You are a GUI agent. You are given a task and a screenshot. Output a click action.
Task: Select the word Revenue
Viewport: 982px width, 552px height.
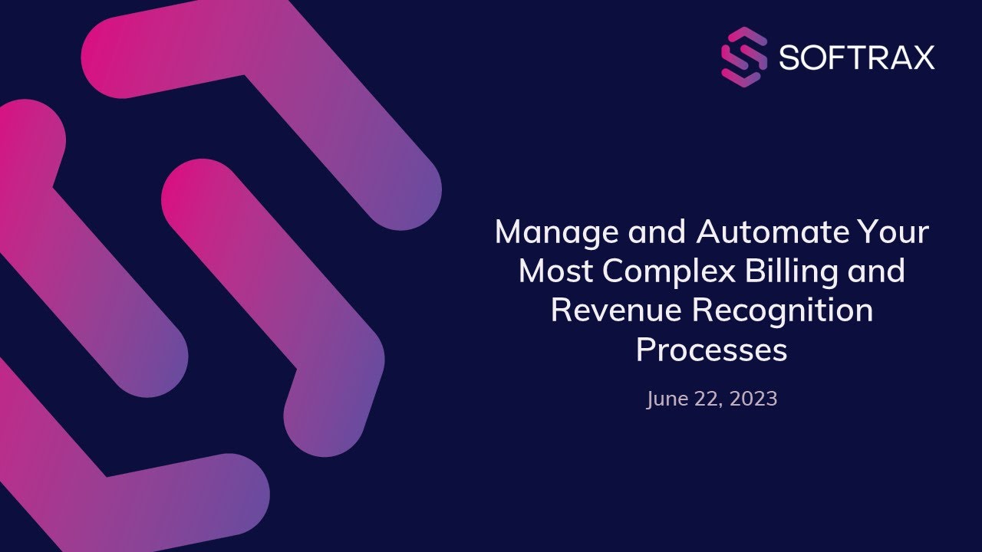(x=617, y=310)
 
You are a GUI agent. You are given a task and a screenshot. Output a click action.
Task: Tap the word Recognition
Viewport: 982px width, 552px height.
(x=783, y=310)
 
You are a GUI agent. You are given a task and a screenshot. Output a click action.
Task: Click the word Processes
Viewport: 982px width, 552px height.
(x=711, y=350)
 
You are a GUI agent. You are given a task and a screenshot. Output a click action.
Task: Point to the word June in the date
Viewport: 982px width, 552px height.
(x=665, y=399)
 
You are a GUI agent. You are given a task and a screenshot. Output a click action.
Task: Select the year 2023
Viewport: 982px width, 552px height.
(x=753, y=399)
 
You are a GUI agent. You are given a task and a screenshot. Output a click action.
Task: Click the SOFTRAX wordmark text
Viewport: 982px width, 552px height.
(x=857, y=58)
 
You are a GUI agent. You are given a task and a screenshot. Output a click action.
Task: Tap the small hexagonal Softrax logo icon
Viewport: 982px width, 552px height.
(x=744, y=57)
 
